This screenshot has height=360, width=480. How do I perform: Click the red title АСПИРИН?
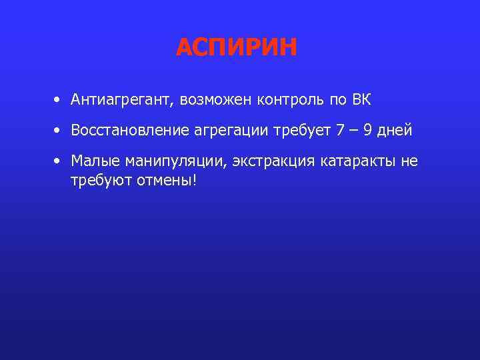tap(237, 48)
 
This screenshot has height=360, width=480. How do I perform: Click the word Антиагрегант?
tap(123, 101)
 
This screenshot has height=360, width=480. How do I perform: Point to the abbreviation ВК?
tap(361, 100)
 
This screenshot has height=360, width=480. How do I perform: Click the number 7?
tap(341, 131)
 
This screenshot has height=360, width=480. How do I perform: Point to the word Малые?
tap(92, 161)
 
